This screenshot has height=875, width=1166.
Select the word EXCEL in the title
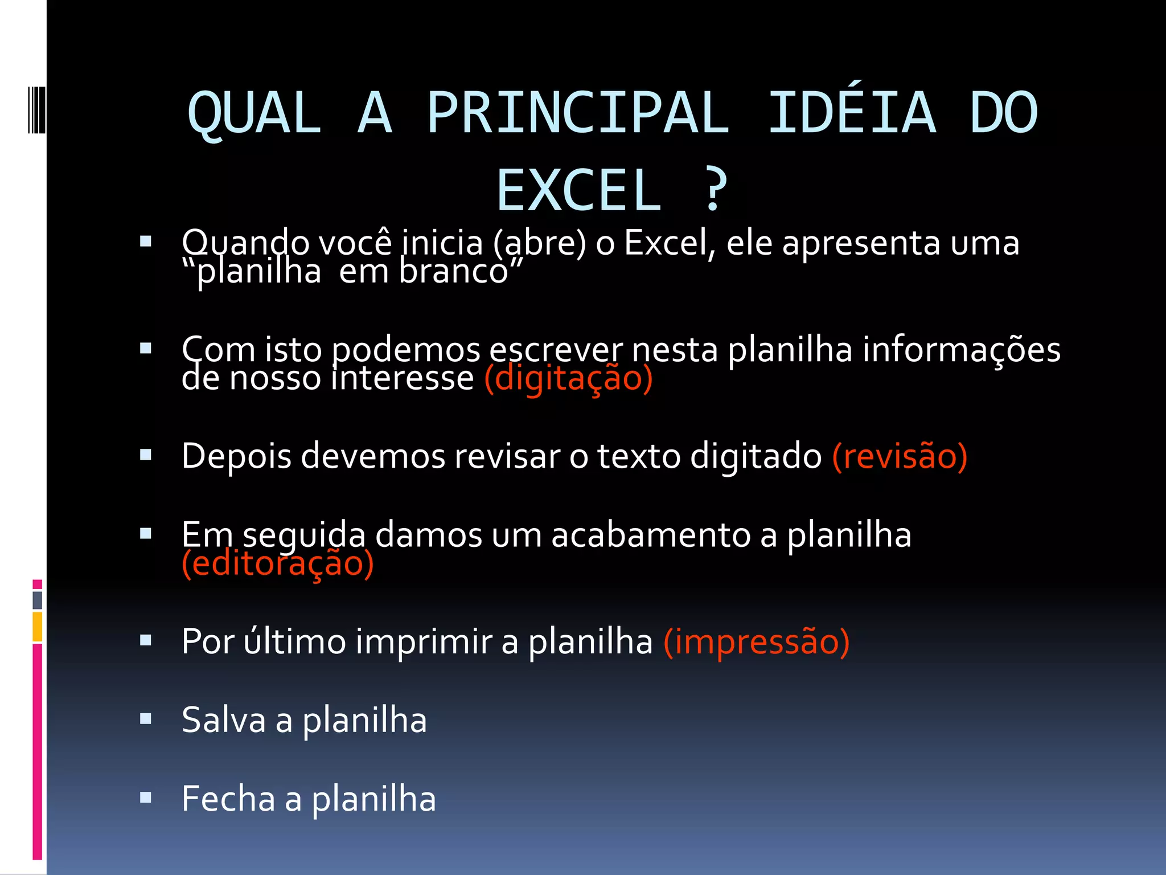pyautogui.click(x=579, y=190)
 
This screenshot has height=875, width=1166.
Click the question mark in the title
pyautogui.click(x=715, y=190)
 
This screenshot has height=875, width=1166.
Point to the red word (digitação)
pyautogui.click(x=568, y=378)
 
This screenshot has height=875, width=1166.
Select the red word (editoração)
pyautogui.click(x=277, y=563)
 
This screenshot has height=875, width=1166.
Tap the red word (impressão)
pyautogui.click(x=757, y=641)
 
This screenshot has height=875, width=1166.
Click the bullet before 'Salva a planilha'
pyautogui.click(x=146, y=719)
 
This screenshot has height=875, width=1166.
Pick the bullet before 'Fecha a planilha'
pyautogui.click(x=146, y=798)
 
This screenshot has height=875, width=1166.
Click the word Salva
pyautogui.click(x=224, y=720)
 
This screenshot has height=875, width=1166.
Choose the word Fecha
pyautogui.click(x=228, y=799)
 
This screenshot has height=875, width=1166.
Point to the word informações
pyautogui.click(x=961, y=350)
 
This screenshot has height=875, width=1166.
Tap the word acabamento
pyautogui.click(x=650, y=535)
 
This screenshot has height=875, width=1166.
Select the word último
pyautogui.click(x=294, y=641)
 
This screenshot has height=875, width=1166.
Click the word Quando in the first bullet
pyautogui.click(x=246, y=244)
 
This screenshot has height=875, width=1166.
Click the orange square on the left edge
pyautogui.click(x=38, y=627)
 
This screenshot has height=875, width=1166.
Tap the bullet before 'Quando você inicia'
pyautogui.click(x=146, y=242)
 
